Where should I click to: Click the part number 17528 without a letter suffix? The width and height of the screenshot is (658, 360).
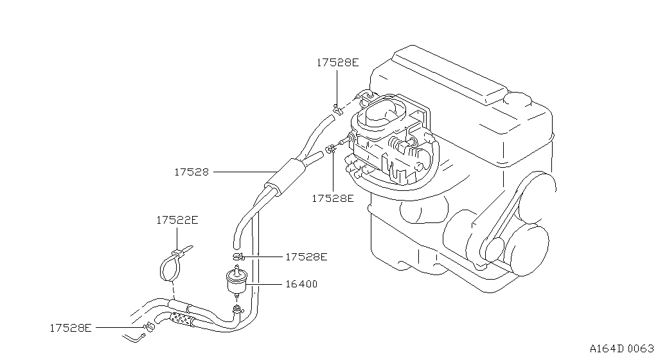point(191,172)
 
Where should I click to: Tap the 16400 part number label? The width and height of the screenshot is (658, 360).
point(301,284)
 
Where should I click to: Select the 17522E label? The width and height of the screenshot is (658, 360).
point(177,220)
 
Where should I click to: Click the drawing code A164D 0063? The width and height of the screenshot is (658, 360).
point(621,348)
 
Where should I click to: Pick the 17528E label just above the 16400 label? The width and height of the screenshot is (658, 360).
point(306,256)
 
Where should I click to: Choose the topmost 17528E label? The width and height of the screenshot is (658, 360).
point(338,62)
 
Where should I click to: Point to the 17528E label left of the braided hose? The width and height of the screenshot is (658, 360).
point(71,328)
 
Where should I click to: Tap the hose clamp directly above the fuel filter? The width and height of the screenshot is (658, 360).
point(238,256)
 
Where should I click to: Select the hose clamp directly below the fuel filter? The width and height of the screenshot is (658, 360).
point(237,310)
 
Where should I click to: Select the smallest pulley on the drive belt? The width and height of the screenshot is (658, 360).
point(493,250)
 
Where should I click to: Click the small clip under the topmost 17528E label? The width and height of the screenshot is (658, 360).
point(335,109)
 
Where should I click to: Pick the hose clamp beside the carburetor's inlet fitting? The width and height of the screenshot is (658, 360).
point(331,148)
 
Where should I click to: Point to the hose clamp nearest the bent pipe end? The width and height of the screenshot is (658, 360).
point(149,325)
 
